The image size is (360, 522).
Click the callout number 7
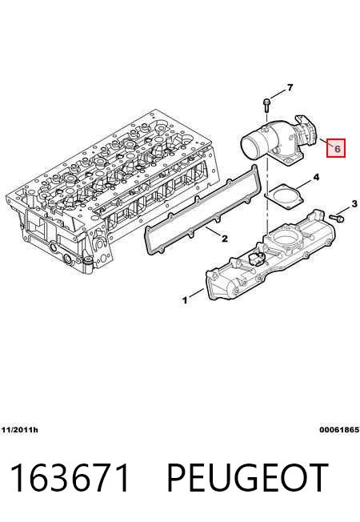pyautogui.click(x=290, y=87)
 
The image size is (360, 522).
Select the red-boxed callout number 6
pyautogui.click(x=336, y=148)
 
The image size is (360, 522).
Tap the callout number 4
pyautogui.click(x=316, y=177)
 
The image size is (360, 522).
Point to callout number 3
pyautogui.click(x=354, y=203)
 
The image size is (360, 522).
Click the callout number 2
pyautogui.click(x=225, y=239)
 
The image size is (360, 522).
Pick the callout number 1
pyautogui.click(x=185, y=300)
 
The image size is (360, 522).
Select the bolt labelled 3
pyautogui.click(x=337, y=219)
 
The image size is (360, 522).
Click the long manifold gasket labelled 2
pyautogui.click(x=200, y=213)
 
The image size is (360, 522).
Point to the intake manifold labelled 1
pyautogui.click(x=270, y=256)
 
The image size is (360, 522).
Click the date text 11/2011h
pyautogui.click(x=20, y=430)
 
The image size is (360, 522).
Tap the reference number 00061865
pyautogui.click(x=339, y=430)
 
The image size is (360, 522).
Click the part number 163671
pyautogui.click(x=70, y=477)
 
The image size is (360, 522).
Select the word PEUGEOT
pyautogui.click(x=247, y=477)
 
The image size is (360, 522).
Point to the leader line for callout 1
pyautogui.click(x=197, y=293)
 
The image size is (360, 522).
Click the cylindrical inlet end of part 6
pyautogui.click(x=252, y=146)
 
